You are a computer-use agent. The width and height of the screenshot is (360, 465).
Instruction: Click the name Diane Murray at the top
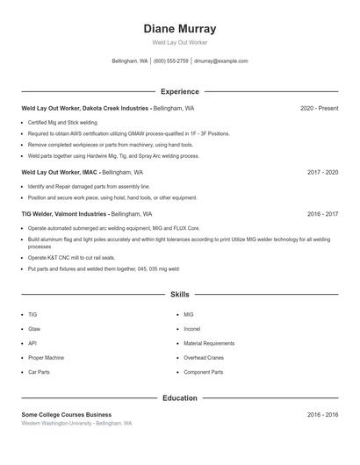(x=179, y=29)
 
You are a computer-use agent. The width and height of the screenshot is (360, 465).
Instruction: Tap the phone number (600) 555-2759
(x=171, y=61)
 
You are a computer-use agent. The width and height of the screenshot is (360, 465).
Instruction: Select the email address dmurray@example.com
(x=221, y=61)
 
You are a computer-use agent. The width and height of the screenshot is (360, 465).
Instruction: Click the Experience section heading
(x=179, y=91)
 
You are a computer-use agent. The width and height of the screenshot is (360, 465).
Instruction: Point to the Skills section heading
(x=179, y=295)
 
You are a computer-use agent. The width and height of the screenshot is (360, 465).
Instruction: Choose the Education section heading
(x=179, y=397)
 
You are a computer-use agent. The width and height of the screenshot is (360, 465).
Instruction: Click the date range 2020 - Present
(x=319, y=108)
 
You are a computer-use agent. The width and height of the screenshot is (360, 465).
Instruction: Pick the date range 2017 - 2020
(x=322, y=172)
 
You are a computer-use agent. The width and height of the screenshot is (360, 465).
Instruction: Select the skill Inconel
(x=192, y=329)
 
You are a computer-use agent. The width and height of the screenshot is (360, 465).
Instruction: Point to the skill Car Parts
(x=39, y=372)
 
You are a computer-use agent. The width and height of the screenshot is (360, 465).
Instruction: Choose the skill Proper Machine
(x=46, y=358)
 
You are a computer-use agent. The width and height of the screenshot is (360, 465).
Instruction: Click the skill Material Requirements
(x=209, y=343)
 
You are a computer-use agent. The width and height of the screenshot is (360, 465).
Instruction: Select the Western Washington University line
(x=76, y=424)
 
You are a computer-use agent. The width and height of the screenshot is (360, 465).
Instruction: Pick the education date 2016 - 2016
(x=322, y=414)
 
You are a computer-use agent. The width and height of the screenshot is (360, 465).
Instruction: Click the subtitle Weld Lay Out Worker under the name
(x=179, y=42)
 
